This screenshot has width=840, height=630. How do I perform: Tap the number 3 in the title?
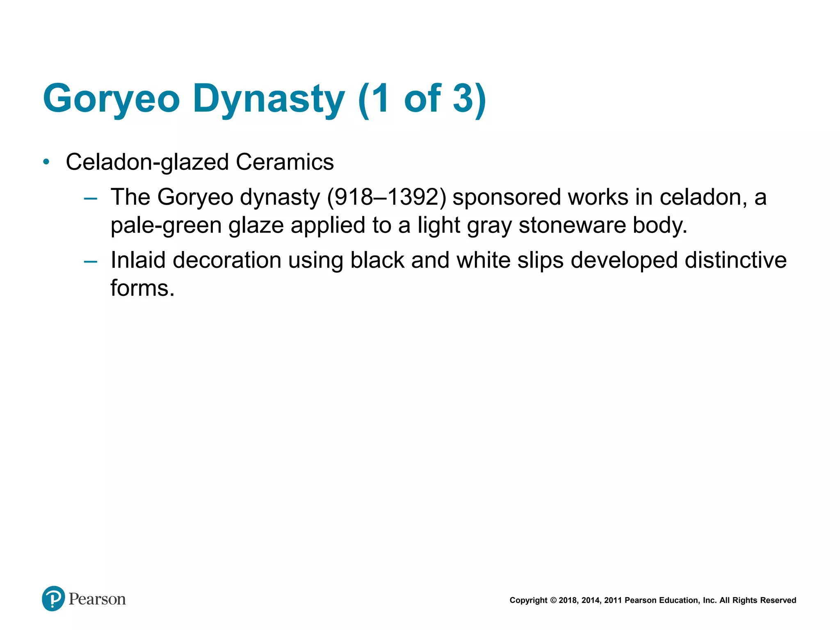tap(463, 98)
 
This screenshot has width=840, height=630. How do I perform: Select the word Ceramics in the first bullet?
tap(285, 162)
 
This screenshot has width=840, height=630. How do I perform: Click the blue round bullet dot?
tap(46, 162)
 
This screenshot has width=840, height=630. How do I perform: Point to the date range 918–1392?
tap(386, 197)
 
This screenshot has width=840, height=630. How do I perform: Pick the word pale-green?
tap(166, 226)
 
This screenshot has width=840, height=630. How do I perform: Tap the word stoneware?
tap(572, 226)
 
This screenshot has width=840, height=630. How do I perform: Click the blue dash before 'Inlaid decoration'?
tap(90, 261)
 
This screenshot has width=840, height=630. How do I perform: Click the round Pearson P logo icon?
tap(53, 598)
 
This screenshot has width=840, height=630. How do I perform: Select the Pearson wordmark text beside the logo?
tap(97, 599)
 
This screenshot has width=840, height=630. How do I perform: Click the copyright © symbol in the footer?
tap(553, 600)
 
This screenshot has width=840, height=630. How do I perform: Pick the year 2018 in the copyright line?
tap(568, 600)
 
